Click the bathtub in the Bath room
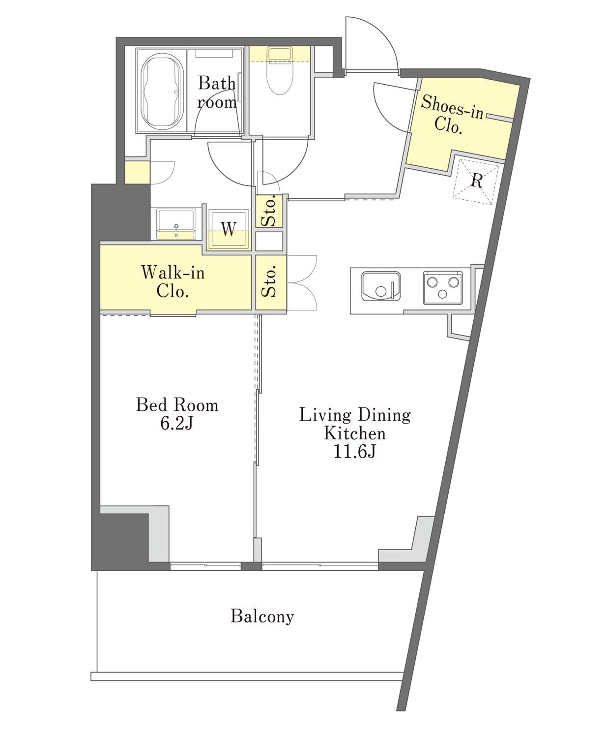click(x=162, y=90)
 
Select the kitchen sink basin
click(x=380, y=286)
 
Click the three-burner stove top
click(x=442, y=287)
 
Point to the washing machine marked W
click(x=229, y=229)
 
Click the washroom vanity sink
click(x=176, y=224)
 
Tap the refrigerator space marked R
click(x=476, y=182)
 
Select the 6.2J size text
click(x=177, y=424)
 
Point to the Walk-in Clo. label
click(x=173, y=281)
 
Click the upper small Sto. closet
click(x=269, y=211)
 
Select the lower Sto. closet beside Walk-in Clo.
click(x=271, y=282)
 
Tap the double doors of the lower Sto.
click(x=302, y=283)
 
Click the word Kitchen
click(x=355, y=433)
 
